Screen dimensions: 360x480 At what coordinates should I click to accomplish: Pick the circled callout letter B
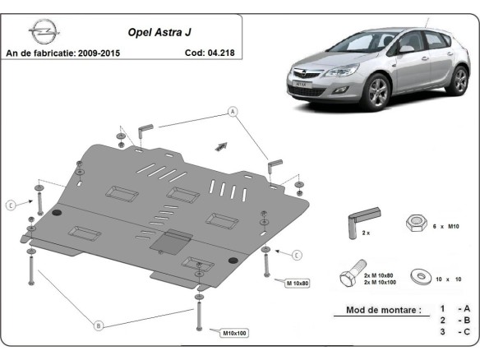coord(99,325)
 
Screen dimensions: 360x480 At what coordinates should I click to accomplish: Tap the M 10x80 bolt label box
coord(298,283)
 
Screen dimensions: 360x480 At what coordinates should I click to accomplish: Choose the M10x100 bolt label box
coord(235,332)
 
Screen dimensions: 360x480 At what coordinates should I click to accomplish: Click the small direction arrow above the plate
coord(220,145)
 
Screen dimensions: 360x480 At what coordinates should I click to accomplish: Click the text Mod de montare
coord(377,311)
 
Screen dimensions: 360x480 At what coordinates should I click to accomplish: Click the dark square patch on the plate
coord(172,241)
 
